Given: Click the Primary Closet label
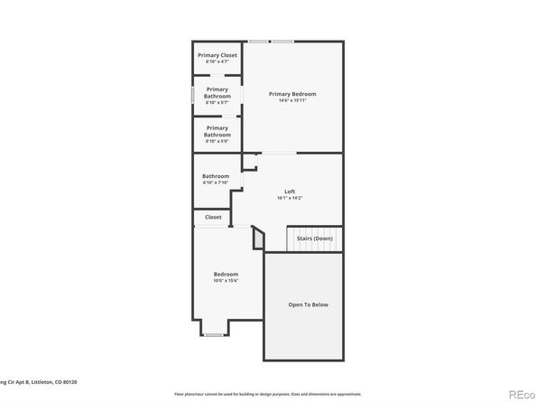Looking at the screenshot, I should coord(217,55).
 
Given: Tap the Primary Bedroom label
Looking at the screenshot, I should coord(292,94).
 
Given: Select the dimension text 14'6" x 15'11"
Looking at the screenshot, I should coord(292,100).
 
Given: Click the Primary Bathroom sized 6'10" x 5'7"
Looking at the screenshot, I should coord(217,93).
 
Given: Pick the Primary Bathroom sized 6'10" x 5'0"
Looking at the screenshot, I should coord(217,132).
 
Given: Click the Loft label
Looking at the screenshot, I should coord(290,191).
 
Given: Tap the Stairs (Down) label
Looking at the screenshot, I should coord(315,238).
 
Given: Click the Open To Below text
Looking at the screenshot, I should coord(307,304).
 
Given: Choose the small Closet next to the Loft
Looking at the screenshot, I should coord(213,217).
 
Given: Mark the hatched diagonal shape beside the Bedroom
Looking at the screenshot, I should coord(259,238).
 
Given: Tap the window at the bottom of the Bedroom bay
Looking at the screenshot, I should coord(213,335).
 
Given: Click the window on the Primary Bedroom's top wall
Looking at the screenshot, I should coord(271,42).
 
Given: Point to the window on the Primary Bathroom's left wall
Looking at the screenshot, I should coord(192,94).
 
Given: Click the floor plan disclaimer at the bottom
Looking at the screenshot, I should coord(267,394).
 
